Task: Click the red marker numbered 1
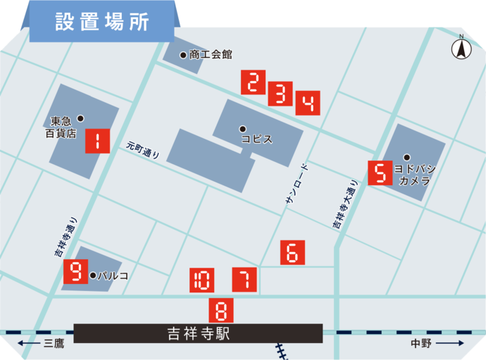coord(96,140)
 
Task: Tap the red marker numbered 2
coord(252,82)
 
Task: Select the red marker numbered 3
coord(280,92)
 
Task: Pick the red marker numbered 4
coord(308,103)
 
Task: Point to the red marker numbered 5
coord(380,172)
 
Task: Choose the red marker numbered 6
coord(292,252)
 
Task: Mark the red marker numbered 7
coord(244,280)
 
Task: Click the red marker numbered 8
coord(221,310)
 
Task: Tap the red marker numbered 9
coord(75,271)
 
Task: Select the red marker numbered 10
coord(201,280)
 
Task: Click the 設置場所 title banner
coord(102,22)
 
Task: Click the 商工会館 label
coord(210,54)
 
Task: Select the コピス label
coord(256,139)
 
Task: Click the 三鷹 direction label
coord(54,344)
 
